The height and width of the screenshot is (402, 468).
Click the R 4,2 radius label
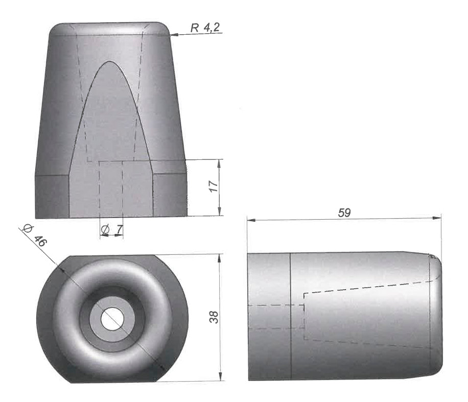point(205,28)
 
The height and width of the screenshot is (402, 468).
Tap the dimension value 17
point(214,186)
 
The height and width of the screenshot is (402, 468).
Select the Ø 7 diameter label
point(111,229)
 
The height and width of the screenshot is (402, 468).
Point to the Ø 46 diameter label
point(35,237)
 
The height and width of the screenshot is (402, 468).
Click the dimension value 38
point(214,317)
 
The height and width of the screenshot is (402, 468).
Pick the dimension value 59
point(344,213)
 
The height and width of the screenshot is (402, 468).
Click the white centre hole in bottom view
point(112,319)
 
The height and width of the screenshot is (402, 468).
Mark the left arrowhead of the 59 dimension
point(251,220)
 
